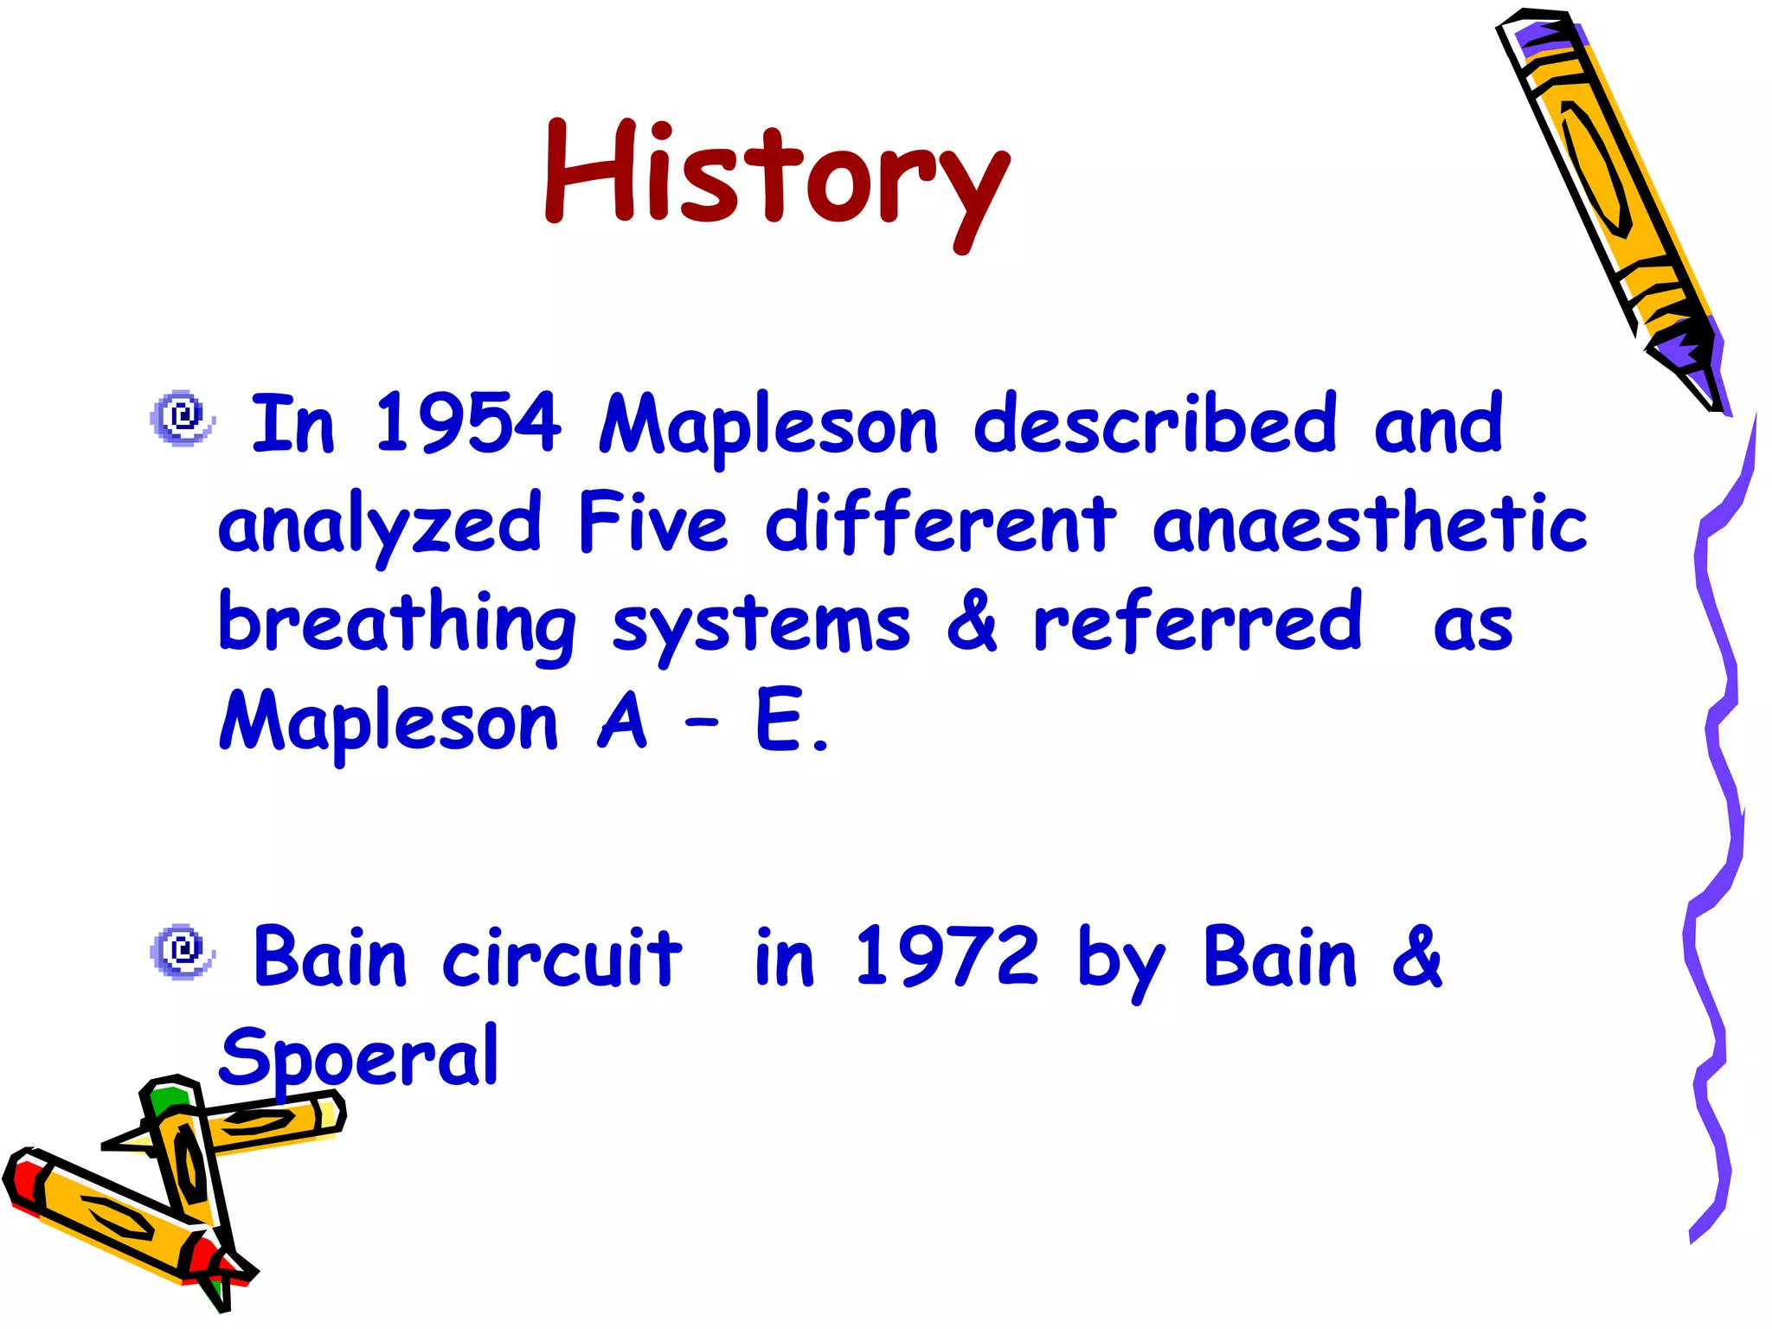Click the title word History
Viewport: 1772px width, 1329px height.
coord(776,177)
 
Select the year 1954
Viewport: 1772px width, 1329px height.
coord(467,423)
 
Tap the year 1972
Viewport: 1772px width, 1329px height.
coord(947,956)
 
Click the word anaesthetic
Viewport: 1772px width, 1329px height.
coord(1370,523)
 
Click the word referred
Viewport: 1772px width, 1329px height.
coord(1198,621)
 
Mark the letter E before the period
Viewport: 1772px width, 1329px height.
coord(778,721)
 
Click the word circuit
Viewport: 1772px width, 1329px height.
coord(562,956)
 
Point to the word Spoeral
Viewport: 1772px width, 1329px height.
coord(359,1056)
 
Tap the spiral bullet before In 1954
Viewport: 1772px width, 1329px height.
coord(182,418)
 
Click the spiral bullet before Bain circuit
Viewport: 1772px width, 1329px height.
coord(182,951)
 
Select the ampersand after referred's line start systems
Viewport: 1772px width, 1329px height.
coord(972,621)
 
